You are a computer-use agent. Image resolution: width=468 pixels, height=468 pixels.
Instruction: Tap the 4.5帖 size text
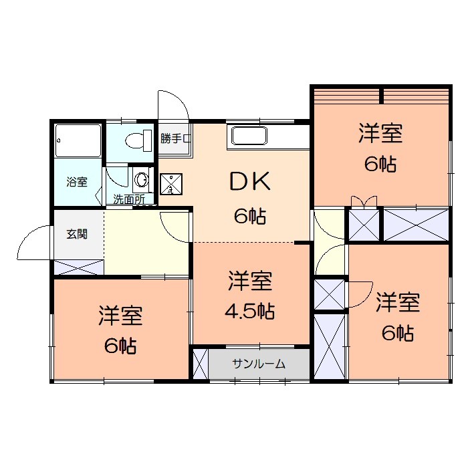point(249,311)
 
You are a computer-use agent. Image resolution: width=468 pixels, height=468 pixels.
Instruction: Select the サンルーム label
point(259,364)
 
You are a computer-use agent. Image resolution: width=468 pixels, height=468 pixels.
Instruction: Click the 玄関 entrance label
point(76,235)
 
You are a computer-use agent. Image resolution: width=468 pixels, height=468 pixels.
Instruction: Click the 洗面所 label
point(128,199)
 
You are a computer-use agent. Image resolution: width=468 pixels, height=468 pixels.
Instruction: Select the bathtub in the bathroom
point(78,141)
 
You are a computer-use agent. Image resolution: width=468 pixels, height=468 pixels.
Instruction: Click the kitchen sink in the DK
point(249,136)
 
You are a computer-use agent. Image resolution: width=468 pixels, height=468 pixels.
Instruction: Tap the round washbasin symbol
point(142,179)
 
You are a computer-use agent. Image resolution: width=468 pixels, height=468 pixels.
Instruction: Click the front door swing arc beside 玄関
point(33,243)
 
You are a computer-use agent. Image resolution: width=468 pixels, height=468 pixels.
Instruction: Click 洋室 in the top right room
point(380,134)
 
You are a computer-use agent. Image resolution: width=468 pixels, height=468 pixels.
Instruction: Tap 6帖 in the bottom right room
point(397,332)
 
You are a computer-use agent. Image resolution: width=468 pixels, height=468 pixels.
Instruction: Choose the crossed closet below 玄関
point(78,267)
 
